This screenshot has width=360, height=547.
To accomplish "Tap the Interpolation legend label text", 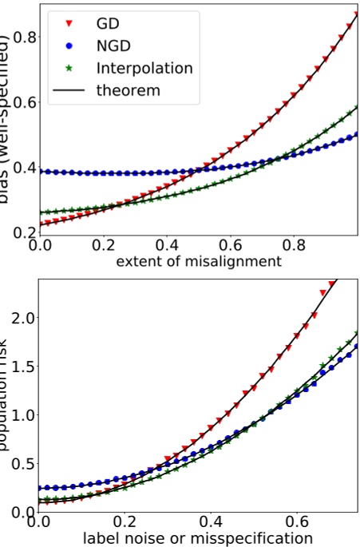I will click(144, 68).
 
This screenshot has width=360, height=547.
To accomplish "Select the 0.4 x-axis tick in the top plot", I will click(166, 244).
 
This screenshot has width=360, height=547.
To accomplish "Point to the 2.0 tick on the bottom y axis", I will click(21, 317).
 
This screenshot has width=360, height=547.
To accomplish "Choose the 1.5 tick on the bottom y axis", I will click(21, 366).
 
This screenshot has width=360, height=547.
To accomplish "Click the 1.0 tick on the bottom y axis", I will click(21, 414).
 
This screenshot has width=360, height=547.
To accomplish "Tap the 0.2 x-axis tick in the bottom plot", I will click(123, 521).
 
